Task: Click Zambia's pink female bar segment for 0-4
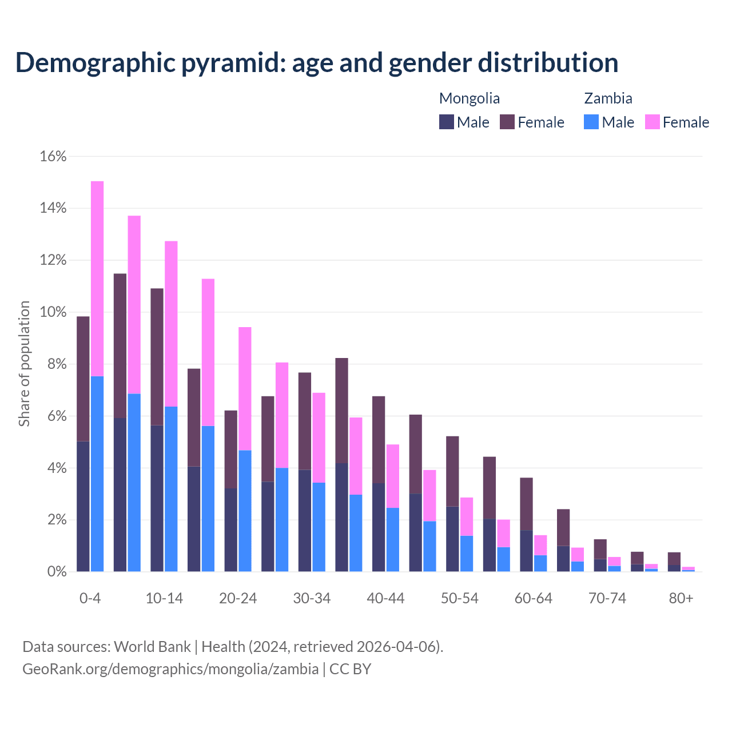coord(97,279)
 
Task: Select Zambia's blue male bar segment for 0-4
coord(97,474)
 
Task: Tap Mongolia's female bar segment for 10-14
coord(157,357)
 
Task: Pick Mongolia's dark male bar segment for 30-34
coord(305,520)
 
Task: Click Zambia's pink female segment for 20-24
coord(245,389)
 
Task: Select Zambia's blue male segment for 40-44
coord(393,539)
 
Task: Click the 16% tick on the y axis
coord(53,156)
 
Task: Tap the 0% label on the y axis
coord(56,572)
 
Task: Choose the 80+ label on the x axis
coord(681,598)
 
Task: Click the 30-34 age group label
coord(312,598)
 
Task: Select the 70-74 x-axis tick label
coord(607,598)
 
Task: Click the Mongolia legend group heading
coord(470,98)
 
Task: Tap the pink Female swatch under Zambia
coord(652,122)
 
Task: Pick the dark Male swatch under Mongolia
coord(447,122)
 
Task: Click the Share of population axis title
coord(24,364)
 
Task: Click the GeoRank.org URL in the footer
coord(170,669)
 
